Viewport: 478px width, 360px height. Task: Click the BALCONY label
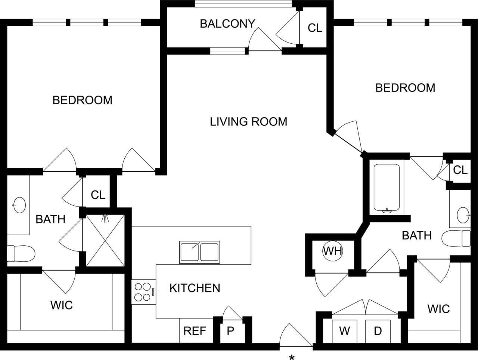click(x=227, y=24)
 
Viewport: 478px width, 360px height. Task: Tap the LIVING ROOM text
click(x=248, y=122)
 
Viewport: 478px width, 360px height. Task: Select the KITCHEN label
click(x=195, y=288)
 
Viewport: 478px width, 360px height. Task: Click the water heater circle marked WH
click(x=333, y=251)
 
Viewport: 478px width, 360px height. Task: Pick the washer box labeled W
click(x=344, y=331)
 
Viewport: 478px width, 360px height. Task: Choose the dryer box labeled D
click(x=378, y=331)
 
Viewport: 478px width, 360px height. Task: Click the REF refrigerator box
click(x=195, y=331)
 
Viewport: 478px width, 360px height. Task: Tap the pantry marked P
click(x=230, y=331)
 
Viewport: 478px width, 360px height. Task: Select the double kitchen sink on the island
click(x=199, y=252)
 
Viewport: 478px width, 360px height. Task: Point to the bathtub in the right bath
click(x=387, y=189)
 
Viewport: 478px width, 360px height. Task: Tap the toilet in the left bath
click(x=21, y=254)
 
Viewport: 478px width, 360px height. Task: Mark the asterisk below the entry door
click(x=292, y=358)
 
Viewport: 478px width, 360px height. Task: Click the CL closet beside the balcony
click(x=314, y=28)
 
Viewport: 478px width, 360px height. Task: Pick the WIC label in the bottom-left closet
click(x=62, y=305)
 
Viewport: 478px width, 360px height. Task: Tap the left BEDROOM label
click(x=82, y=100)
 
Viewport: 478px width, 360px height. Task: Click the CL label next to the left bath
click(x=98, y=195)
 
